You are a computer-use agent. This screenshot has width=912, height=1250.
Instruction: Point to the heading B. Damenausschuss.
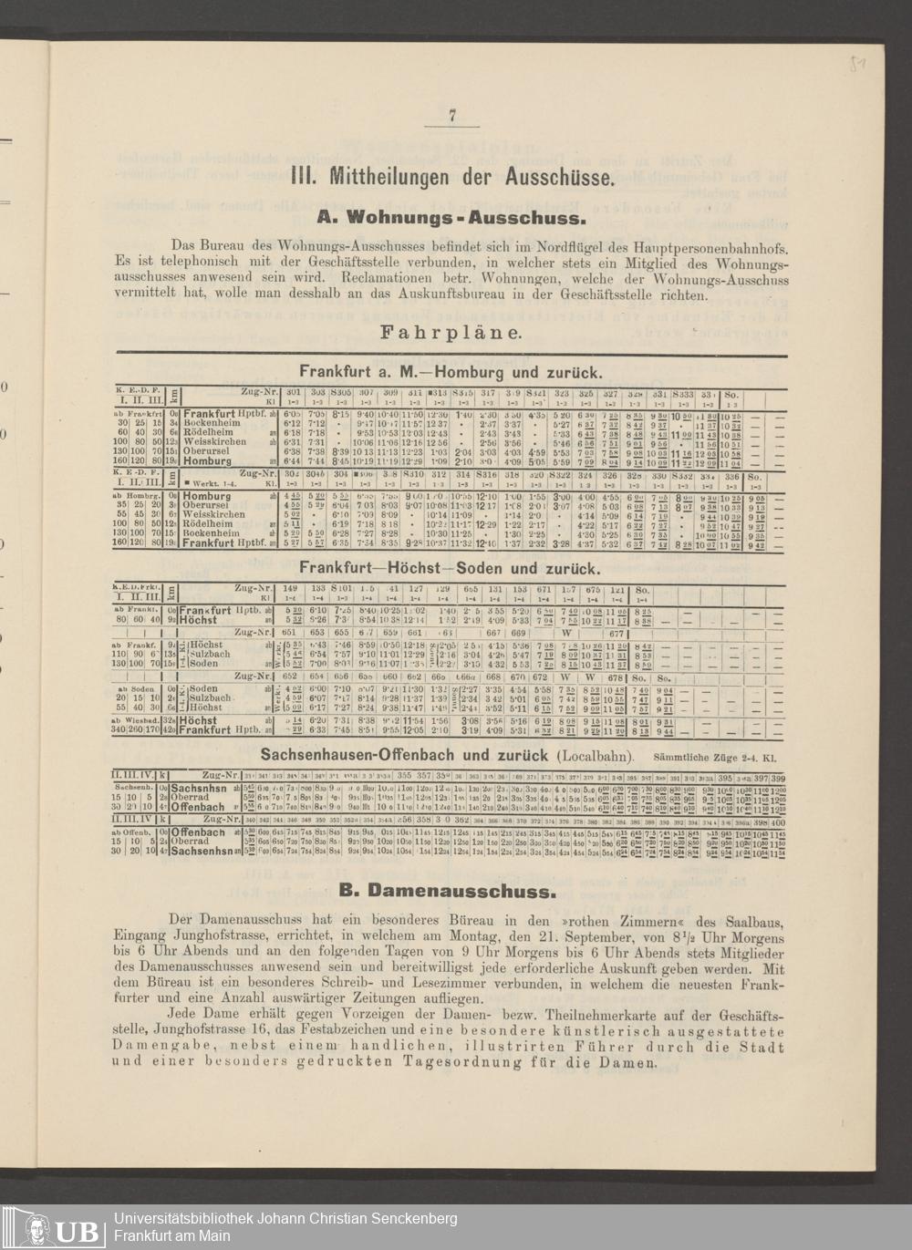[447, 891]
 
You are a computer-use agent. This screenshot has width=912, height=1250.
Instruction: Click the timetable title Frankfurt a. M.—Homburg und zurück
[451, 372]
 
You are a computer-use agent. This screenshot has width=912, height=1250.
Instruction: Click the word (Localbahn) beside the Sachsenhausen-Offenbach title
[594, 756]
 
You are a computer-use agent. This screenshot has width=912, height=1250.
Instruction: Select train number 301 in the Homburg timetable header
[293, 392]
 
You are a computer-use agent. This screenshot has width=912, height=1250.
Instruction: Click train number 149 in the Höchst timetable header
[291, 589]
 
